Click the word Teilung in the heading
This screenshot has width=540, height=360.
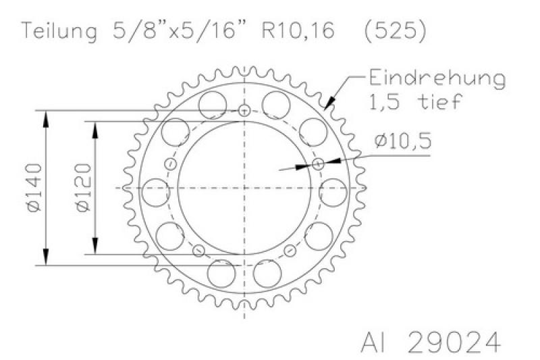pyautogui.click(x=60, y=31)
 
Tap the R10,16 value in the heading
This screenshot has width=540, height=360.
pyautogui.click(x=299, y=31)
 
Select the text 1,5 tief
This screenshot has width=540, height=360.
pyautogui.click(x=414, y=102)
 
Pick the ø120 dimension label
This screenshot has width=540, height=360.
pyautogui.click(x=80, y=188)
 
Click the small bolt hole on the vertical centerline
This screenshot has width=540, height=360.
pyautogui.click(x=244, y=110)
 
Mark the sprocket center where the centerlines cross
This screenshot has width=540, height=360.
pyautogui.click(x=244, y=187)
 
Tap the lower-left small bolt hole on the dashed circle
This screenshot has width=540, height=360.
pyautogui.click(x=198, y=251)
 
